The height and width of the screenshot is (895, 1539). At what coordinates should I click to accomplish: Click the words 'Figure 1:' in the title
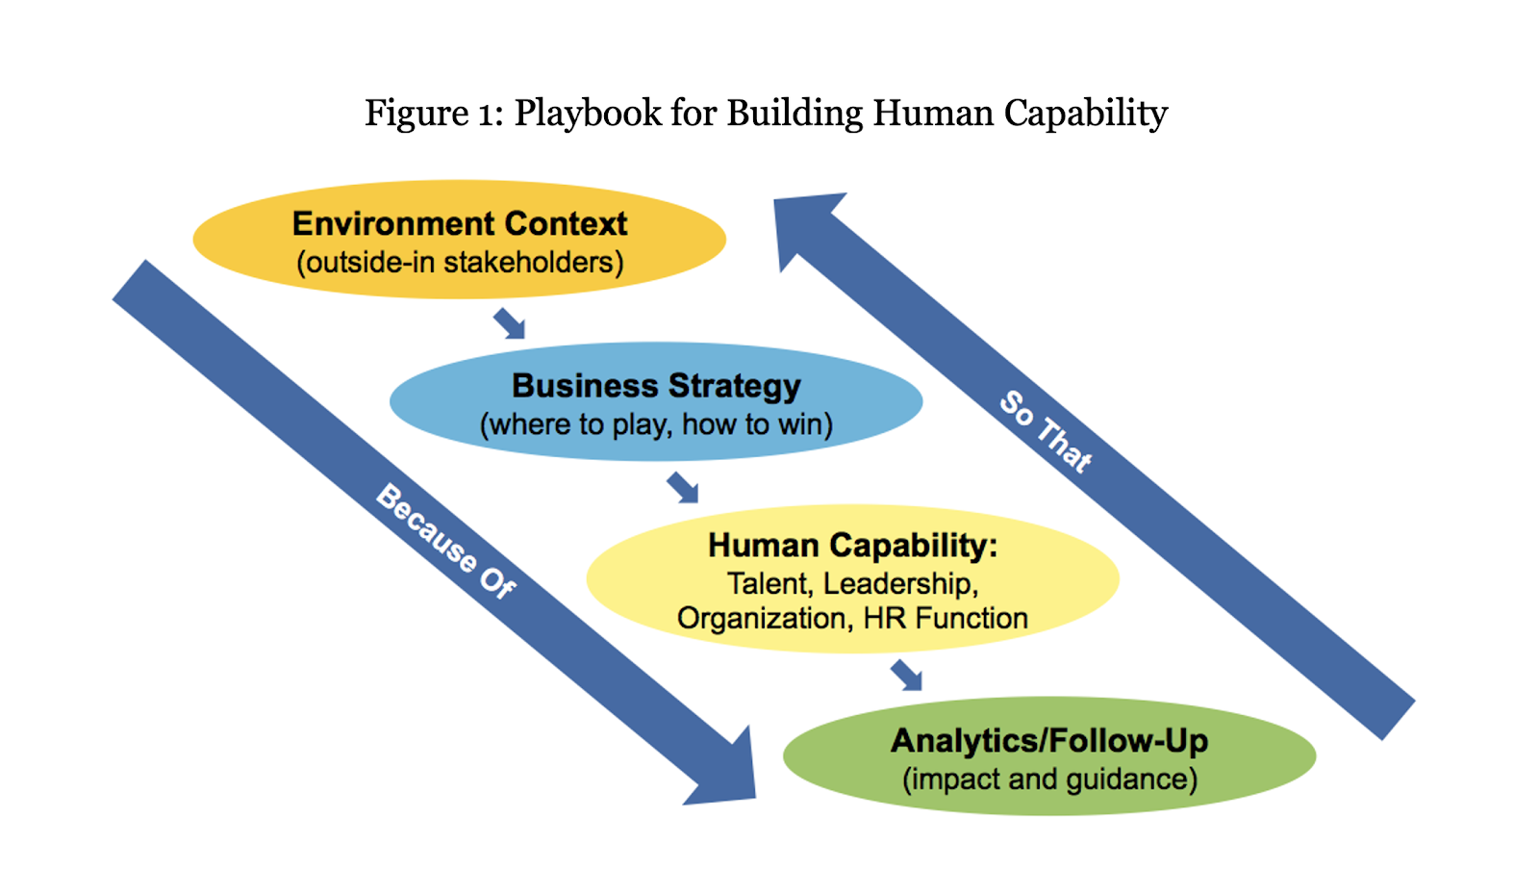(x=433, y=114)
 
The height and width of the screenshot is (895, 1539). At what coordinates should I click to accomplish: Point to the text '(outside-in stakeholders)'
(x=460, y=263)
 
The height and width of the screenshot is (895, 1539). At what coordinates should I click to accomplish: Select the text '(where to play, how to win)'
(x=656, y=424)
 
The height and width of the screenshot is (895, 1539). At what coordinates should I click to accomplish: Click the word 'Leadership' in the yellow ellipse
(x=900, y=584)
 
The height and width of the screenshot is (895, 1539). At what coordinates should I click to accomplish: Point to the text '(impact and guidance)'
(x=1049, y=779)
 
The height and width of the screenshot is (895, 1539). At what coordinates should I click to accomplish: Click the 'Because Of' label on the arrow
(x=445, y=542)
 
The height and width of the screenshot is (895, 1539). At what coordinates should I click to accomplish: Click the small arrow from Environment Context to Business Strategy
(x=510, y=323)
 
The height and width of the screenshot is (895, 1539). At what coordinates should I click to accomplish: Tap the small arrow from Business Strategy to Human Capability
(x=683, y=487)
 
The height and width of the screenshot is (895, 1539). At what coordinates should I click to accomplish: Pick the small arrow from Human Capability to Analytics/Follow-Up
(x=906, y=675)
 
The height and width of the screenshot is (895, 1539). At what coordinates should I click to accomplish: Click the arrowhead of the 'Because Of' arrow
(x=726, y=775)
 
